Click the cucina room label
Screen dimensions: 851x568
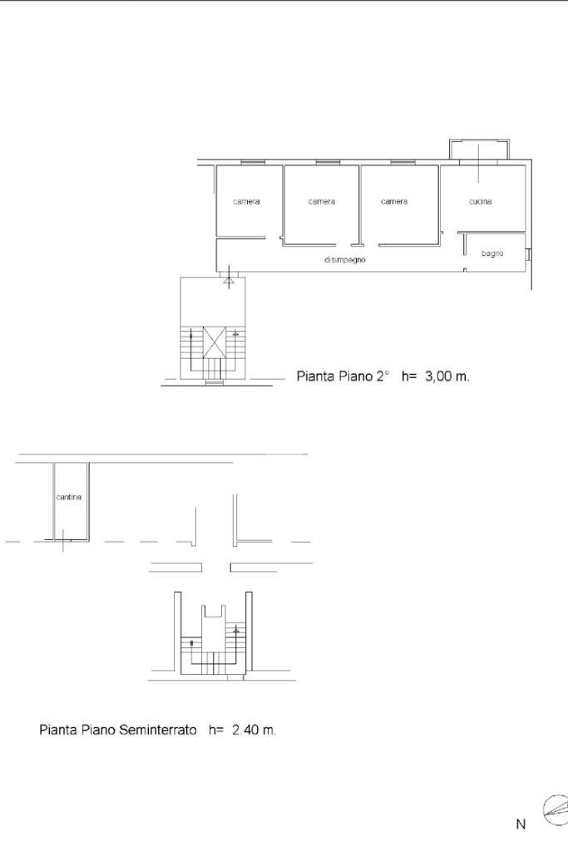(480, 202)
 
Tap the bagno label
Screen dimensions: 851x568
(492, 253)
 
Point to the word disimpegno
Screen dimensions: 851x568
(344, 260)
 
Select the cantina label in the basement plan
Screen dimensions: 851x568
(69, 498)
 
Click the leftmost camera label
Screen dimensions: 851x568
(246, 202)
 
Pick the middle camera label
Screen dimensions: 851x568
(322, 202)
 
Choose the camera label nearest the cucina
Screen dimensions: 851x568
(394, 202)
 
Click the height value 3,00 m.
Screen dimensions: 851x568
(447, 376)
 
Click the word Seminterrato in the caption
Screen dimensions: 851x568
(158, 730)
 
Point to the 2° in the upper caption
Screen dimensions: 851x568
(382, 376)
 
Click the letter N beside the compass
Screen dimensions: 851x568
(521, 824)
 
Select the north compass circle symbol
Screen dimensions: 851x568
(556, 809)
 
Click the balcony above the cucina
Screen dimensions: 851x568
(479, 150)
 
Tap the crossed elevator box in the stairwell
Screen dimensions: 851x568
(215, 342)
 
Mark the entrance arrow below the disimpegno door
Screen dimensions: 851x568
(229, 281)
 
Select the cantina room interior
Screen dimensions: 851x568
(71, 515)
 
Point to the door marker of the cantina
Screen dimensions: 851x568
(63, 542)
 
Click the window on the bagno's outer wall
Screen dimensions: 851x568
(528, 253)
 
